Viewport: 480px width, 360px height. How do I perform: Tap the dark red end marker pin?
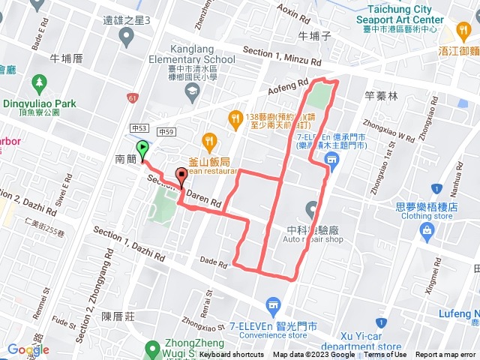point(181,176)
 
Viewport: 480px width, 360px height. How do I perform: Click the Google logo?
point(28,349)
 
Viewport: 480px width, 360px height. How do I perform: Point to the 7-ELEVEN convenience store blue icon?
point(272,305)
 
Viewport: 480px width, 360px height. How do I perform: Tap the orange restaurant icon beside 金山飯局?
point(208,139)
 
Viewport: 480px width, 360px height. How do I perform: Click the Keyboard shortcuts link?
point(232,355)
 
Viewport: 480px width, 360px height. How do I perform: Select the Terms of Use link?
point(385,355)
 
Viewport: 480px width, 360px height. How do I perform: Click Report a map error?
point(445,355)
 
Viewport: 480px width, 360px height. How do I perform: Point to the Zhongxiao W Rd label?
point(388,128)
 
